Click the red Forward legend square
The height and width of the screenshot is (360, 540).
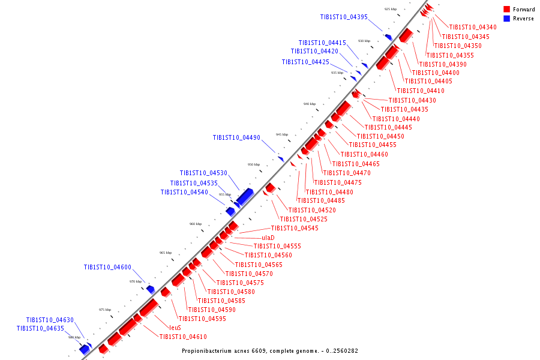507,9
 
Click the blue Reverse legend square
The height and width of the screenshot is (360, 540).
507,19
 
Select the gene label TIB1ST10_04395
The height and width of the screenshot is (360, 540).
344,17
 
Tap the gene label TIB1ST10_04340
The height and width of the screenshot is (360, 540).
473,27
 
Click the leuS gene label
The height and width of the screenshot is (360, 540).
175,328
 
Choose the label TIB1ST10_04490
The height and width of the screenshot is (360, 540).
236,137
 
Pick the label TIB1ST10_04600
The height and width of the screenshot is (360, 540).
107,267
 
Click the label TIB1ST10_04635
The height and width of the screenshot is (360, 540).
40,329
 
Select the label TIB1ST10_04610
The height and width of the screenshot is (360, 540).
183,337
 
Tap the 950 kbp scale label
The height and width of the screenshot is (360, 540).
254,164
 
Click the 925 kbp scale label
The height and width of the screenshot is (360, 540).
391,10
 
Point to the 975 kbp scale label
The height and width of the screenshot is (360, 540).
105,310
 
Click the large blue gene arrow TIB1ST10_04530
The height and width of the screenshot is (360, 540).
245,196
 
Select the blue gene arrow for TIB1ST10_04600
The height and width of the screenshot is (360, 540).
151,289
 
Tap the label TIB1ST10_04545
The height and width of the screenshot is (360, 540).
295,228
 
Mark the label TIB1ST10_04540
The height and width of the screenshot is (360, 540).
184,192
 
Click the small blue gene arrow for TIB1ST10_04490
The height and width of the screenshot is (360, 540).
281,159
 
